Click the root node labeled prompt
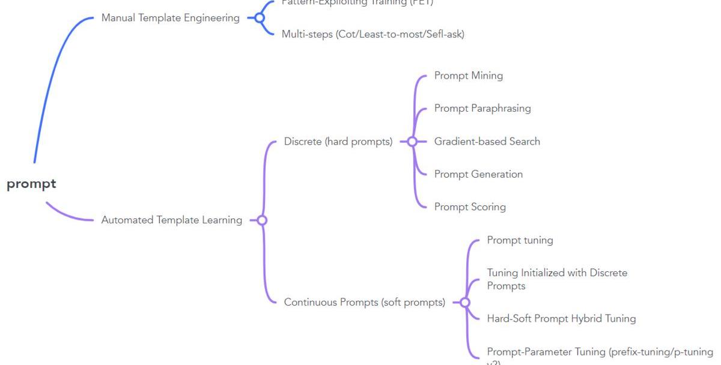(x=31, y=184)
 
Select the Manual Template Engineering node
(x=170, y=18)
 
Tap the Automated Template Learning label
(x=171, y=220)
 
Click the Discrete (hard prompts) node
(x=338, y=142)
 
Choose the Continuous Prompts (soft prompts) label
(x=364, y=302)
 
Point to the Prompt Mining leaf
(x=468, y=76)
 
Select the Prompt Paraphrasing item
(x=482, y=109)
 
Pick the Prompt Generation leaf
(x=478, y=174)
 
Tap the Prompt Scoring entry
(x=470, y=207)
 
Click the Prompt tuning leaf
(x=520, y=240)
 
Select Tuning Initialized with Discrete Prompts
(x=556, y=279)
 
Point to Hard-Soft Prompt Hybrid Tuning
(x=561, y=318)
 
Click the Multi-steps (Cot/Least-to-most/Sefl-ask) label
(x=373, y=34)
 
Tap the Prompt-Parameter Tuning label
(x=600, y=352)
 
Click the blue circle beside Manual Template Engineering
(x=260, y=18)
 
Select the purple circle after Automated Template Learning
(x=262, y=220)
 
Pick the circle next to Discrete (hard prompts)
(x=412, y=142)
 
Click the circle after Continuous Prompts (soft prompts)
(x=464, y=302)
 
